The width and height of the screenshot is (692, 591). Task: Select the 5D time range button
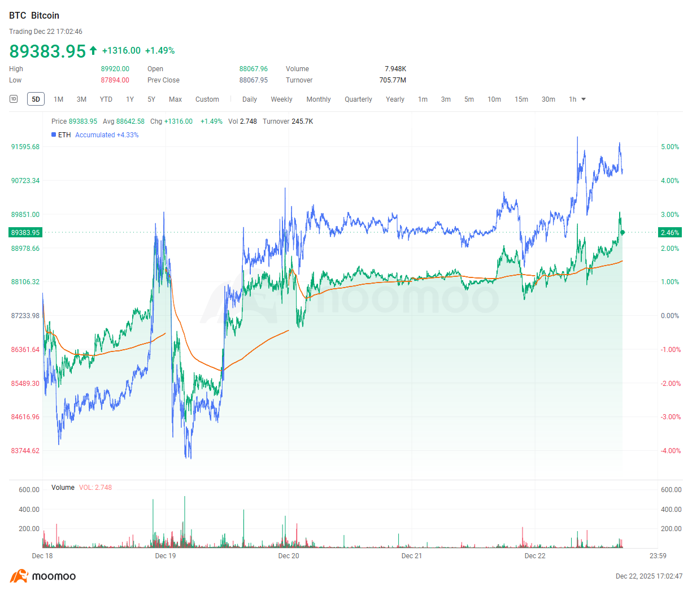[36, 99]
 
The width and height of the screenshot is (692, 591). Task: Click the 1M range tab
[58, 99]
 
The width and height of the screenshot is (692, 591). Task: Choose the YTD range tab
[106, 99]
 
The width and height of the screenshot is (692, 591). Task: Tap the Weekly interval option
[281, 99]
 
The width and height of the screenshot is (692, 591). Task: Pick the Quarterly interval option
[358, 99]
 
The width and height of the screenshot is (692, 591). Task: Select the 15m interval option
[521, 99]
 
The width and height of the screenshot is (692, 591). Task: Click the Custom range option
[207, 99]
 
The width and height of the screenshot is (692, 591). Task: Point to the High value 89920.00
[115, 69]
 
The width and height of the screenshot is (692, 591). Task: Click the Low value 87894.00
[115, 80]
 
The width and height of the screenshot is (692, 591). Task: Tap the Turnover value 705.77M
[393, 80]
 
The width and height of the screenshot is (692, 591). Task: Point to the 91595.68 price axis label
[25, 147]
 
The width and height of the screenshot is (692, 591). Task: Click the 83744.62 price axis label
[25, 451]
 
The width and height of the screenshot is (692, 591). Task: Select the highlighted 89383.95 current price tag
[25, 233]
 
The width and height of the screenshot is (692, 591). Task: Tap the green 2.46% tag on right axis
[670, 233]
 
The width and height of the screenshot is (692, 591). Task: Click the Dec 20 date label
[289, 556]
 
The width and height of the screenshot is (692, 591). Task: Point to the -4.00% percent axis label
[671, 451]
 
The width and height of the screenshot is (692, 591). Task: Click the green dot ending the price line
[622, 232]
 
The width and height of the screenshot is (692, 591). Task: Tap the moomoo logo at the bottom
[43, 576]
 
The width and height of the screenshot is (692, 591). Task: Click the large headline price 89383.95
[47, 51]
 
